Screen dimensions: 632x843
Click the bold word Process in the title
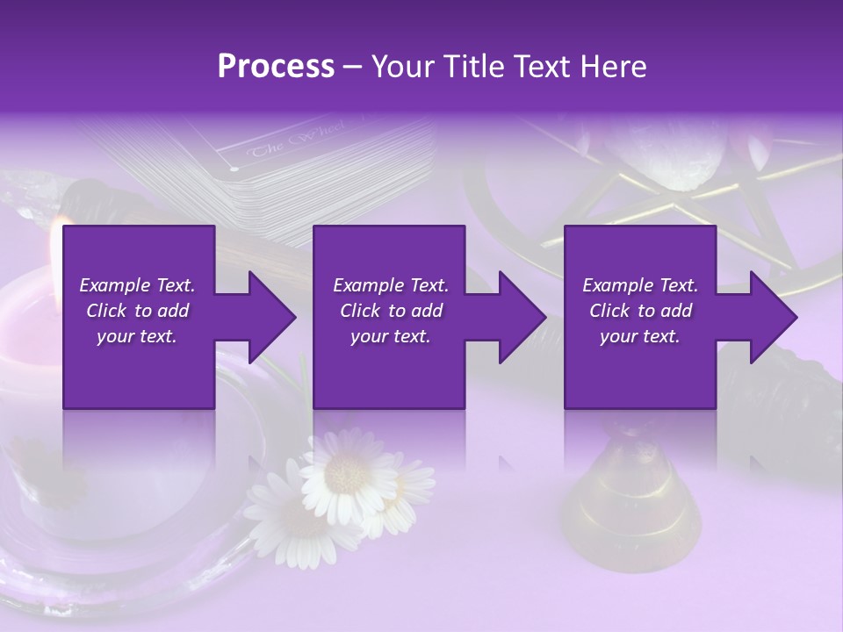[x=276, y=67]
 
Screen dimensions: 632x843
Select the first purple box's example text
[x=137, y=311]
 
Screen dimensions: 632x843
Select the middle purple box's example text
[x=391, y=311]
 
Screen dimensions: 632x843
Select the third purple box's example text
[x=640, y=311]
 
